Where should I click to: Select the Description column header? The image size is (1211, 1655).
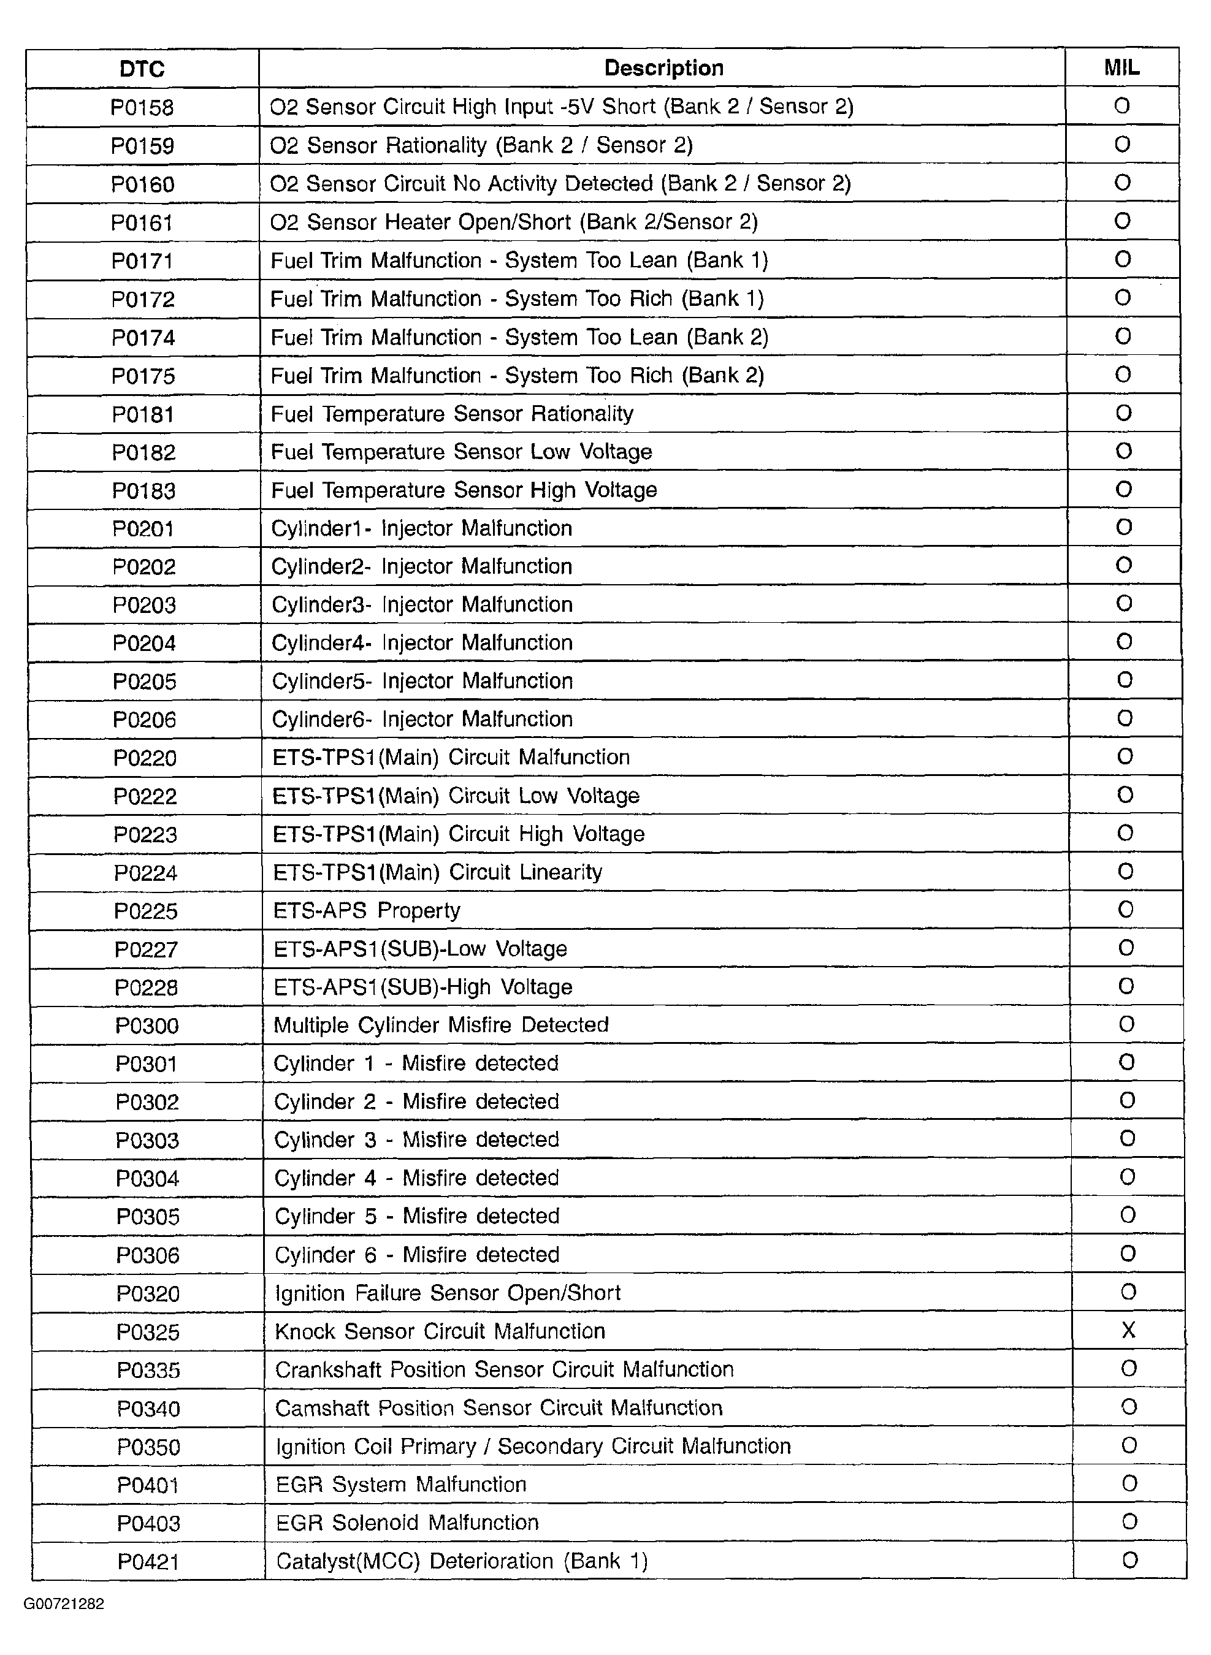(663, 68)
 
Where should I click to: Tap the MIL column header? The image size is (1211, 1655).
(1121, 68)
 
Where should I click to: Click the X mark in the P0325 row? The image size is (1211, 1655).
(1128, 1330)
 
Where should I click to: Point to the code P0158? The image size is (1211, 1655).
(142, 108)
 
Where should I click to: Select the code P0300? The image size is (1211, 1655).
(147, 1025)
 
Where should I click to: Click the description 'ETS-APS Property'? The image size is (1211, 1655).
(367, 911)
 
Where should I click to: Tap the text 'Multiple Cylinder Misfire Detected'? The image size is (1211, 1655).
(441, 1025)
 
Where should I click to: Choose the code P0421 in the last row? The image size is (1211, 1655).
(148, 1562)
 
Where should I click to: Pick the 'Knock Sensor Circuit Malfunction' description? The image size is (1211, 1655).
(440, 1331)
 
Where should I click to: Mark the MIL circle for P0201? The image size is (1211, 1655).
(1124, 528)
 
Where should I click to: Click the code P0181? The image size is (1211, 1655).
(143, 414)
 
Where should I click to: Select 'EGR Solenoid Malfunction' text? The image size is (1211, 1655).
(407, 1523)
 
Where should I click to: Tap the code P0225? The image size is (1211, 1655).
(146, 911)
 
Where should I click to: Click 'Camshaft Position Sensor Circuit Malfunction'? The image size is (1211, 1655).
(499, 1407)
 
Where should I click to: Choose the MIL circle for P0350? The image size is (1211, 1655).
(1129, 1445)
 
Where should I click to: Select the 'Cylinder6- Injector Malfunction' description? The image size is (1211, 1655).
(422, 720)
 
